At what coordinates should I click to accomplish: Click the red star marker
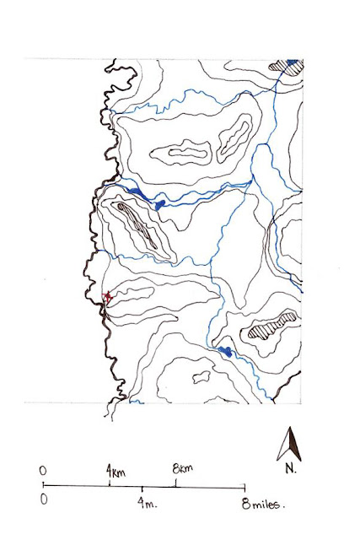click(107, 295)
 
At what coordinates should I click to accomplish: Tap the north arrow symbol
click(290, 445)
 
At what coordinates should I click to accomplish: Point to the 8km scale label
click(184, 468)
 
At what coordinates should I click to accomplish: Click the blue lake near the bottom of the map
click(225, 350)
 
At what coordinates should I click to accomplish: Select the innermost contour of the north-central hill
click(187, 154)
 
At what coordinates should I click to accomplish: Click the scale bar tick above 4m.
click(142, 489)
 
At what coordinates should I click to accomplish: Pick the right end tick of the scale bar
click(244, 487)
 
